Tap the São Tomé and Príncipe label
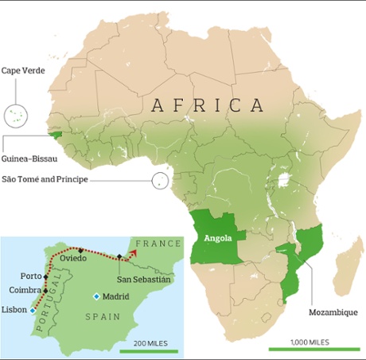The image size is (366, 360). (56, 180)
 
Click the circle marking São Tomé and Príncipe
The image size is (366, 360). (160, 181)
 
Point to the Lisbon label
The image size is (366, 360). (15, 309)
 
